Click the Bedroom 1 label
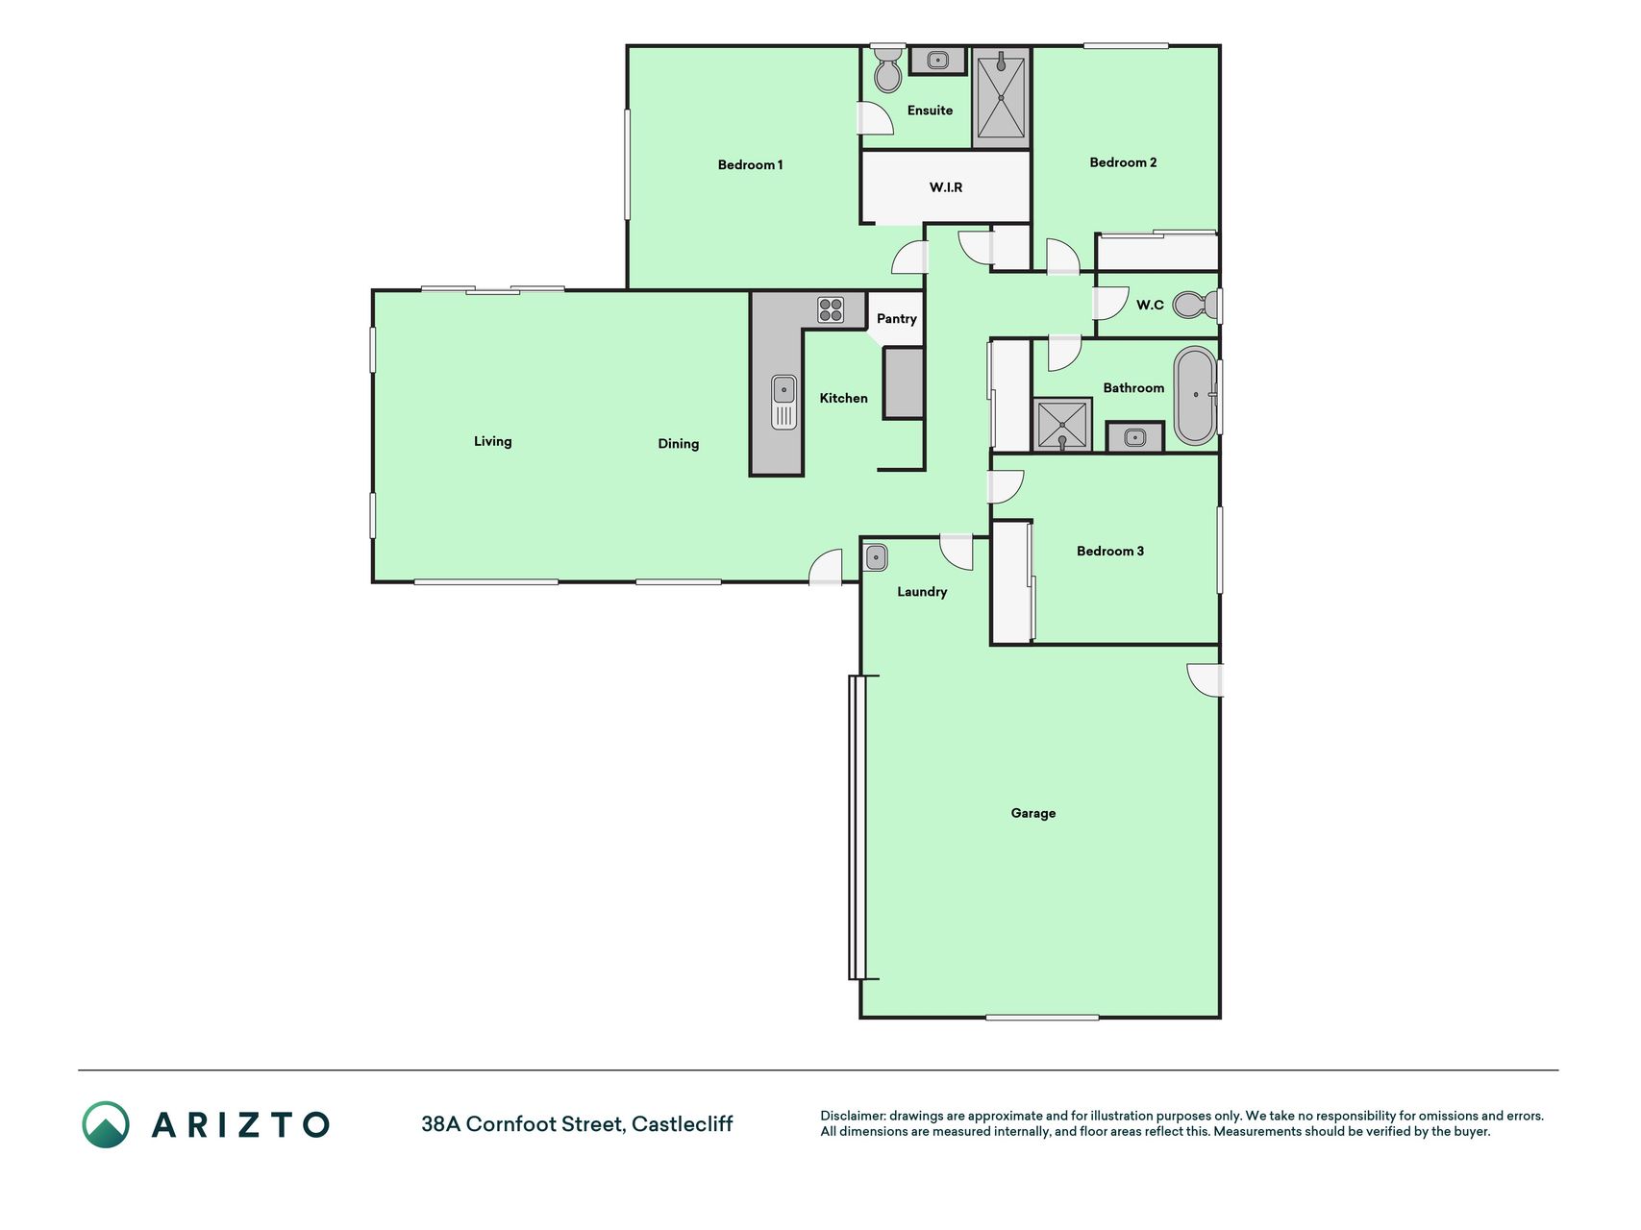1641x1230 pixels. click(x=750, y=165)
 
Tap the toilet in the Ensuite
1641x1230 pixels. click(x=887, y=68)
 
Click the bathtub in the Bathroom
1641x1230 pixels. click(x=1195, y=395)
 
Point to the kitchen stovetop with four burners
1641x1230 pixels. click(x=831, y=309)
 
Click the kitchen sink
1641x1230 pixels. click(x=783, y=402)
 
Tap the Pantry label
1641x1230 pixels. click(x=896, y=319)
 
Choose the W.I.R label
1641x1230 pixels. click(x=946, y=187)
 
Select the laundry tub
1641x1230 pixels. click(x=876, y=557)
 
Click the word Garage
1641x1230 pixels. click(x=1033, y=813)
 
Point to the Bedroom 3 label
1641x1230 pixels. click(x=1110, y=551)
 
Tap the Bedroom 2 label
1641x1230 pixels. click(x=1123, y=162)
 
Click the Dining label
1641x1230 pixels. click(x=679, y=444)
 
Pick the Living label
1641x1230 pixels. click(x=492, y=441)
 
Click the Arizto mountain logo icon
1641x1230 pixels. click(x=105, y=1124)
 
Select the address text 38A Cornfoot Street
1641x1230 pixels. click(x=524, y=1123)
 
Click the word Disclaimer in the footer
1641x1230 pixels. click(x=852, y=1116)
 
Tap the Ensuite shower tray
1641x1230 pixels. click(x=1001, y=97)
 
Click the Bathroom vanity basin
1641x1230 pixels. click(x=1135, y=438)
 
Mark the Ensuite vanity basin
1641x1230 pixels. click(x=938, y=61)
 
